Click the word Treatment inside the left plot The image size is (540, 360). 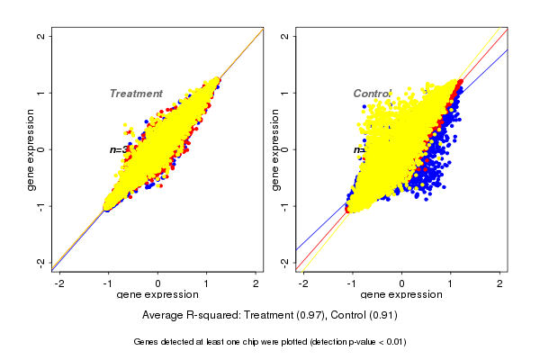[136, 94]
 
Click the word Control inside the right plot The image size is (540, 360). [372, 94]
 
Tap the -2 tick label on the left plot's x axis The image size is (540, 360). [59, 283]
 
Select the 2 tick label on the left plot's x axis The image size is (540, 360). [256, 283]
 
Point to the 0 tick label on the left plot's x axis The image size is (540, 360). [157, 283]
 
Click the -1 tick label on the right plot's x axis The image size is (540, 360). [353, 283]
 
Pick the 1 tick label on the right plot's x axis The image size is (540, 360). [451, 283]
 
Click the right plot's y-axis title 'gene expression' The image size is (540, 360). [275, 149]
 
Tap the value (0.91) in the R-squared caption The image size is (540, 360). [381, 316]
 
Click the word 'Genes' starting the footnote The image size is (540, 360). [147, 342]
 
